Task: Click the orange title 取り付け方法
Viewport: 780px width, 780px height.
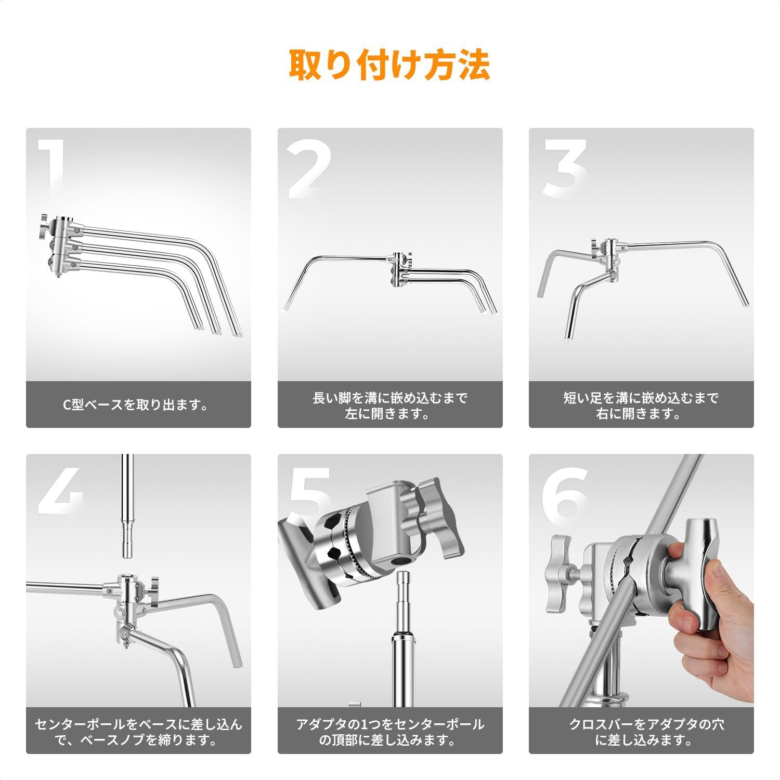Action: tap(389, 64)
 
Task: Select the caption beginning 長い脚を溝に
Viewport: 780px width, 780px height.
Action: tap(390, 406)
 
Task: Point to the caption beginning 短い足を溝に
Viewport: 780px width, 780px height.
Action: tap(641, 406)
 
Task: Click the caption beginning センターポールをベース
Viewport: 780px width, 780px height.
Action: tap(138, 732)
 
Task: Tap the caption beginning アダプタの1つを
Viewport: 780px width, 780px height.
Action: tap(390, 732)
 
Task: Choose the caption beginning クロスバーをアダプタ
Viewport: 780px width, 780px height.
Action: tap(641, 732)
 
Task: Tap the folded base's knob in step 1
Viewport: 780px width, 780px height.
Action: tap(45, 225)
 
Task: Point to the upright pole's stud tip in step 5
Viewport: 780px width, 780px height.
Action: tap(404, 588)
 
